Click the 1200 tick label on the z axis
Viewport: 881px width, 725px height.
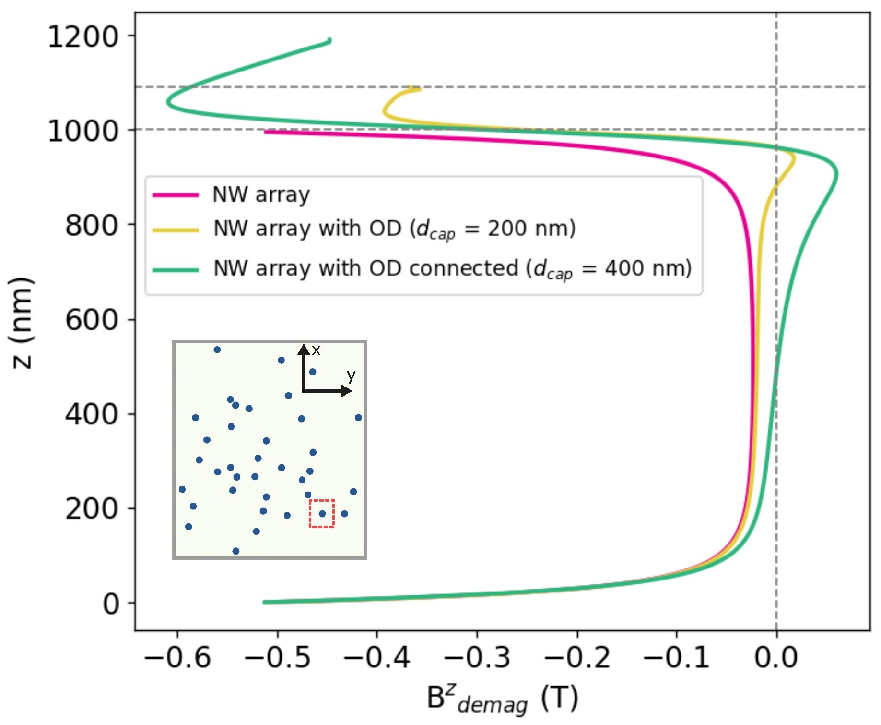click(x=83, y=36)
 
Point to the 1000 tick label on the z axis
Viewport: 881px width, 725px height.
click(x=83, y=131)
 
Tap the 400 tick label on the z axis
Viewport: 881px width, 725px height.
click(x=91, y=414)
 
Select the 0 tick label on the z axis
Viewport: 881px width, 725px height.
click(x=111, y=604)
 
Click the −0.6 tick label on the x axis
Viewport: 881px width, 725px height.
click(x=177, y=657)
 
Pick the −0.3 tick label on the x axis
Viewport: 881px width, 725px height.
click(x=477, y=657)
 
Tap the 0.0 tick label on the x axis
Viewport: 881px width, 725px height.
click(x=776, y=657)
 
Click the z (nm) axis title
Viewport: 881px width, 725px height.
click(x=22, y=323)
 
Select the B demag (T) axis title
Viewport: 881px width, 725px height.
click(x=503, y=699)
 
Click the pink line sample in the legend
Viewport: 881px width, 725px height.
click(x=176, y=195)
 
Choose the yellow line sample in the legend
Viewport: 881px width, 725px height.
click(x=176, y=230)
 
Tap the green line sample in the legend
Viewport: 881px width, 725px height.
click(x=176, y=270)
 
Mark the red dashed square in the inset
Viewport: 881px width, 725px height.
click(x=321, y=514)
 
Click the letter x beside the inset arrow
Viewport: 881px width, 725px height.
click(x=316, y=350)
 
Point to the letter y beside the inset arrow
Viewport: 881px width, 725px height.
click(x=352, y=375)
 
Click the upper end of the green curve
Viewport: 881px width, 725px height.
click(x=329, y=40)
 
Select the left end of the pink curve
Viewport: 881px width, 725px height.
click(x=266, y=132)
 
